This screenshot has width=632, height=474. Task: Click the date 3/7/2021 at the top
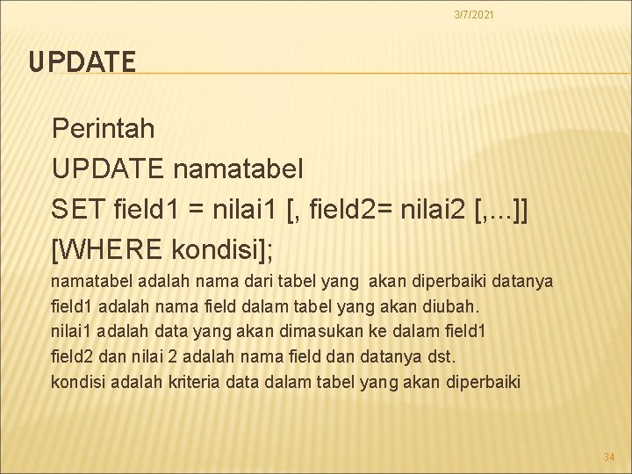tap(473, 14)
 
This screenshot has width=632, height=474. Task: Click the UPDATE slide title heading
tap(82, 62)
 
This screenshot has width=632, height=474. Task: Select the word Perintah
tap(104, 129)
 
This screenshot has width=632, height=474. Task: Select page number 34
tap(608, 456)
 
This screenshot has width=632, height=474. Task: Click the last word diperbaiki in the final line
tap(484, 382)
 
